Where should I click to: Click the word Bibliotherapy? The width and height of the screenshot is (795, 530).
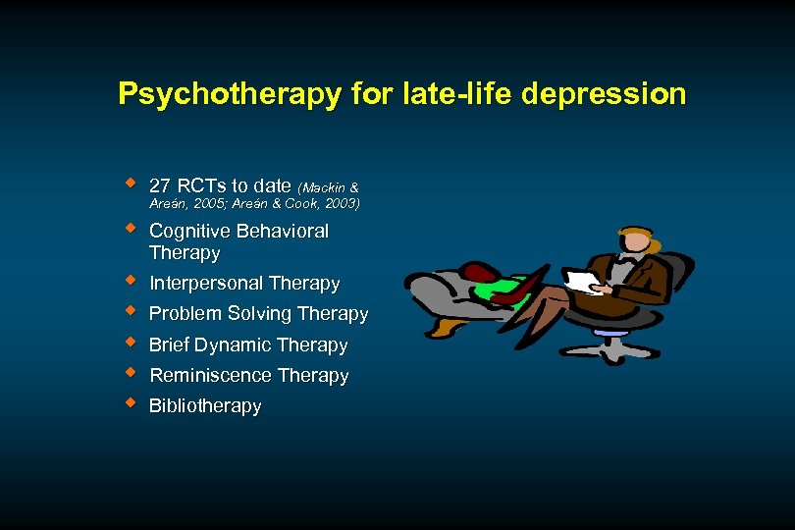tap(205, 405)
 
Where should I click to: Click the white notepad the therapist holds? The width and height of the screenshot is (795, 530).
tap(585, 282)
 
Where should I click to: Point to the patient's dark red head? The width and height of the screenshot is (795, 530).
tap(480, 271)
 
